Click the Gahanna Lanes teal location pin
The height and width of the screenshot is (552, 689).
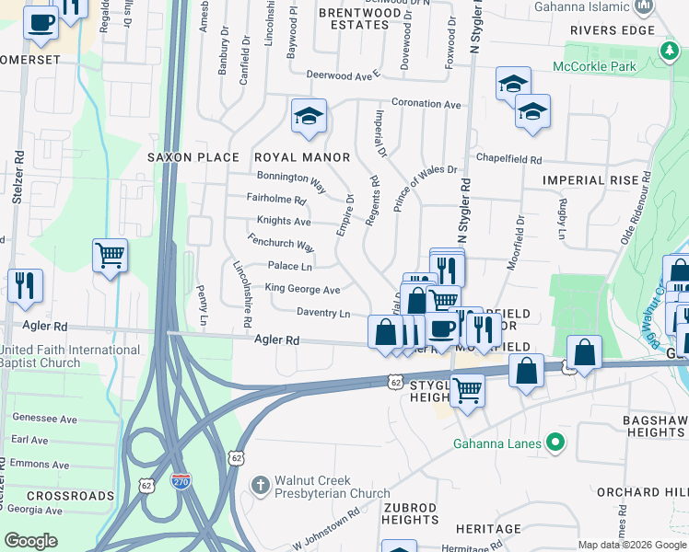554,443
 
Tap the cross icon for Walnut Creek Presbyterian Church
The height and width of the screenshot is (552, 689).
261,485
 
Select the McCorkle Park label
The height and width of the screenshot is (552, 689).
594,66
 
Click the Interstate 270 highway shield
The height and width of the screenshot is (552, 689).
181,481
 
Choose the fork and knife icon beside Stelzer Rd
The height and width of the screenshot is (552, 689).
24,285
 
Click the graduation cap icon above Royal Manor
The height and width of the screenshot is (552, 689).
309,116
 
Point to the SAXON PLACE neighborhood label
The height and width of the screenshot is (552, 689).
193,157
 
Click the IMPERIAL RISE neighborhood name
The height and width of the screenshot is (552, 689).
590,180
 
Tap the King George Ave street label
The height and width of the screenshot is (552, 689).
303,289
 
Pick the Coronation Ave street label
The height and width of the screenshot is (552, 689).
426,104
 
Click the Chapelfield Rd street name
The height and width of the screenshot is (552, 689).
509,159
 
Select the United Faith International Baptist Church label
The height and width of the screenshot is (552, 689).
71,357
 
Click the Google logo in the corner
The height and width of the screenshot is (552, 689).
31,541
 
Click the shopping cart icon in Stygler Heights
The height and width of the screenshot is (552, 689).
468,391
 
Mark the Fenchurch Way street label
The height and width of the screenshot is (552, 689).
281,243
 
